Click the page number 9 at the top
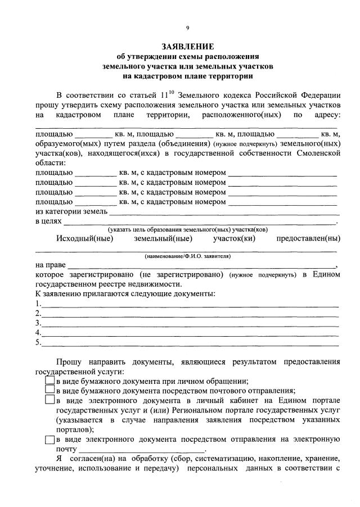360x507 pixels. [187, 26]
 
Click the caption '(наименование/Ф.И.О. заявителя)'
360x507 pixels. [187, 256]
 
